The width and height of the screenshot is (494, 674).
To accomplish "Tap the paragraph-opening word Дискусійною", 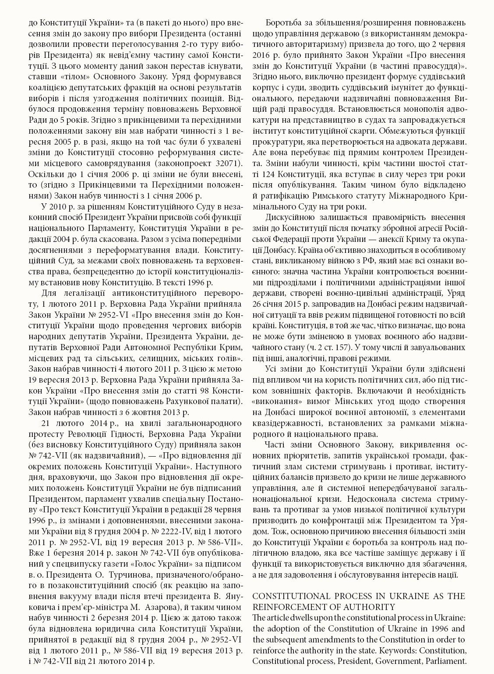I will click(289, 217).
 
